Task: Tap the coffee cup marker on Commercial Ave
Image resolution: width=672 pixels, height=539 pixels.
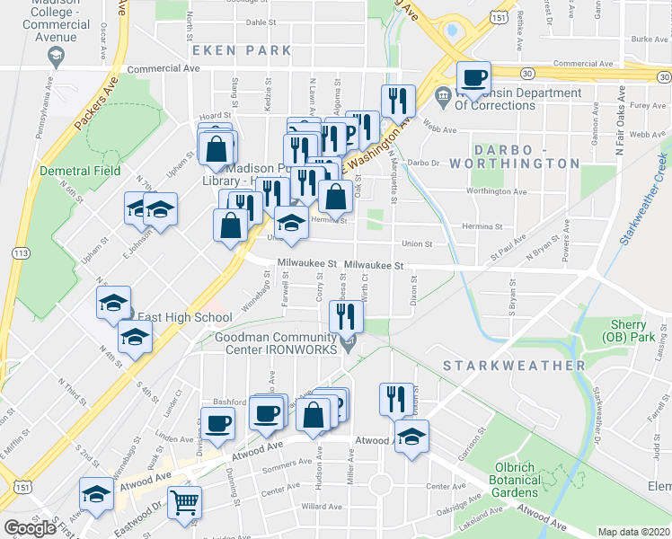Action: pyautogui.click(x=474, y=77)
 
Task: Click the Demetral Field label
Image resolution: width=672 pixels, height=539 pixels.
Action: pyautogui.click(x=80, y=171)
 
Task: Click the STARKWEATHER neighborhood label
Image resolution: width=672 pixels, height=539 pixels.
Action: pyautogui.click(x=514, y=366)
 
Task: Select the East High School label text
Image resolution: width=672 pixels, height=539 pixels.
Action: pyautogui.click(x=184, y=317)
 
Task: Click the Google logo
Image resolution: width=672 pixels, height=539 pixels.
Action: pyautogui.click(x=30, y=528)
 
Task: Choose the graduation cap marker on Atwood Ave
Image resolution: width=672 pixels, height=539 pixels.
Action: pyautogui.click(x=411, y=437)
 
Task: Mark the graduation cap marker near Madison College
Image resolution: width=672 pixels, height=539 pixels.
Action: pyautogui.click(x=56, y=58)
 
